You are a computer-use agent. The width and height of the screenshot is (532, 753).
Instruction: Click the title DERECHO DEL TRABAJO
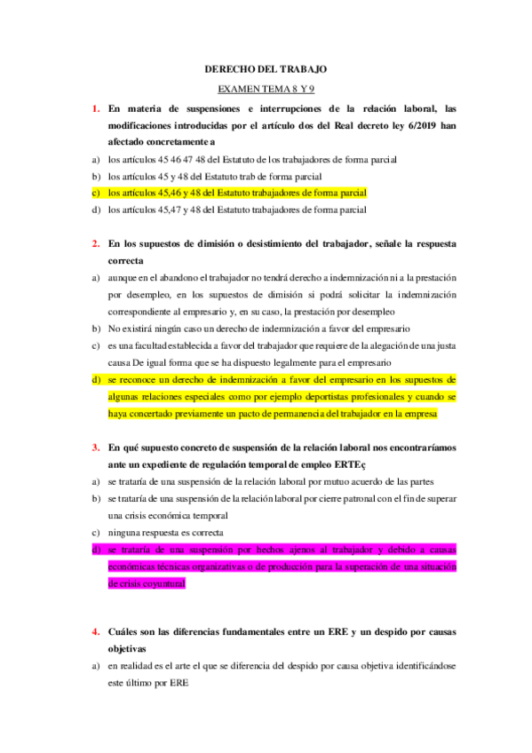coord(266,68)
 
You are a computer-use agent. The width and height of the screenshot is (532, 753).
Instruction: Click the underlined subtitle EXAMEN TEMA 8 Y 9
coord(266,89)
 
